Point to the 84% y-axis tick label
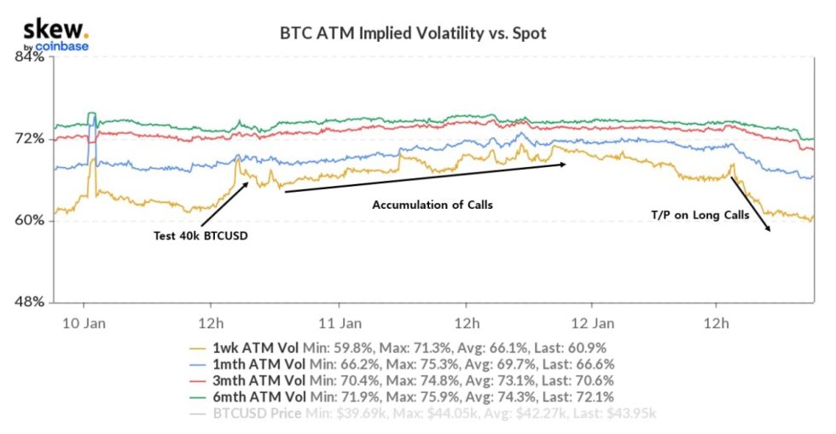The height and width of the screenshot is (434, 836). (x=26, y=57)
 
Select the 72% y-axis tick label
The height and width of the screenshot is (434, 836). (x=26, y=138)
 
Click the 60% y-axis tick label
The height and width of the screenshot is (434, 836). (x=26, y=220)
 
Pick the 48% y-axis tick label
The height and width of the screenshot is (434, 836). (x=26, y=302)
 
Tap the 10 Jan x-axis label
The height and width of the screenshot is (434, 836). (x=83, y=323)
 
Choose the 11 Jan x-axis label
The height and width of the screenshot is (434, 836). (x=338, y=323)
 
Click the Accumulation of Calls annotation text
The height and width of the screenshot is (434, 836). (x=433, y=205)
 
